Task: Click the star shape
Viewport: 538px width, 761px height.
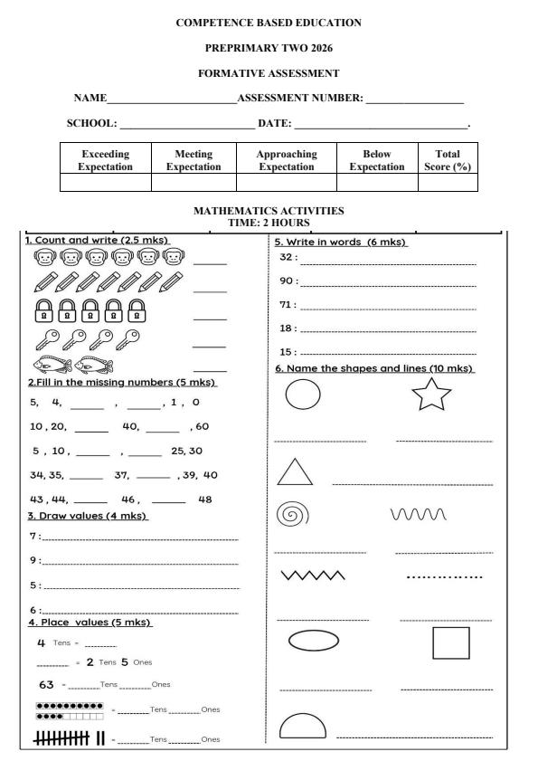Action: point(432,395)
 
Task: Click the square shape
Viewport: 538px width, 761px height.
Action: point(451,642)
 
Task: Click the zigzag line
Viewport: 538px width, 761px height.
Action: point(313,576)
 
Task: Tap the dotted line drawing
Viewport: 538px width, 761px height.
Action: point(445,576)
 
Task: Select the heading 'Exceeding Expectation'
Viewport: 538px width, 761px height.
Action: point(105,160)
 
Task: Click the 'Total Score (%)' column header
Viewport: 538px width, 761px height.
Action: point(447,160)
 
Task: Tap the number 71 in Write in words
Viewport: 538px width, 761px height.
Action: point(288,305)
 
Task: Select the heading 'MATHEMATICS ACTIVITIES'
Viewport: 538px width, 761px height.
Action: point(269,211)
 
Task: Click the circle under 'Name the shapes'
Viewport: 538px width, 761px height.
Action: point(303,395)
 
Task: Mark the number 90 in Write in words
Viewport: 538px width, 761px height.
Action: point(288,281)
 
